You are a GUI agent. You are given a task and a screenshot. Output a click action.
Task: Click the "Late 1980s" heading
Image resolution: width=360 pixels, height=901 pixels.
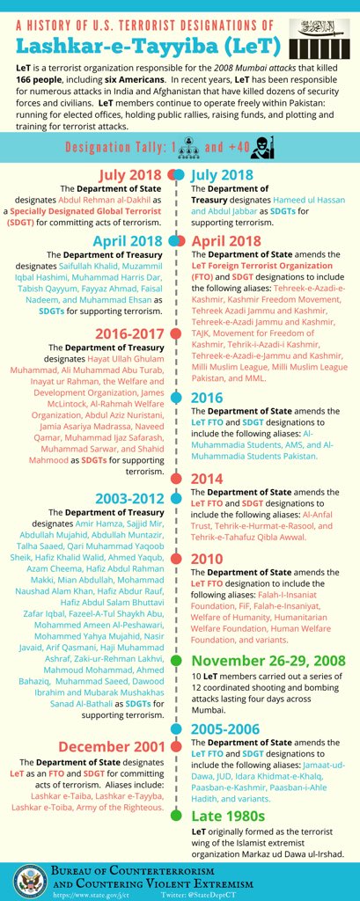(x=231, y=814)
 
